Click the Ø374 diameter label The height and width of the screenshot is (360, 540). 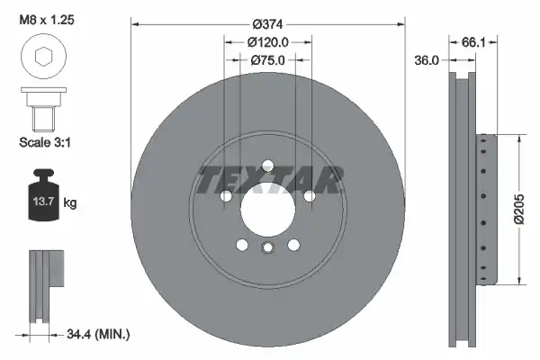267,24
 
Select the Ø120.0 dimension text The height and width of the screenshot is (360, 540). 267,42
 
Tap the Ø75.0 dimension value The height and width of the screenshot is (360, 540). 267,60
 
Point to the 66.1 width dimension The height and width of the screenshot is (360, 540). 473,42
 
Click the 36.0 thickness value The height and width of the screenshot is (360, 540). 427,60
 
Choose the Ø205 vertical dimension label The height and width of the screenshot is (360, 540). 519,209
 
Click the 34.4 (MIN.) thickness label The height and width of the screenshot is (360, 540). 98,334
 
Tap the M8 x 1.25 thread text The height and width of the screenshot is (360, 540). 47,20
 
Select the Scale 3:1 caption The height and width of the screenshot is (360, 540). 45,142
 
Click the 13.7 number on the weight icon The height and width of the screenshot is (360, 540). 43,202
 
